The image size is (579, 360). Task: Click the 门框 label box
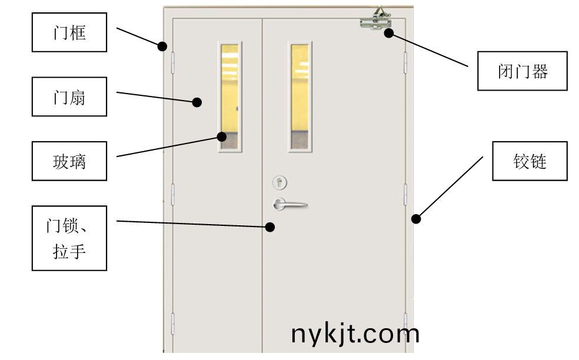click(x=69, y=32)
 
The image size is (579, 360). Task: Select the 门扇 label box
click(x=69, y=96)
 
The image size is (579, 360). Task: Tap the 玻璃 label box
click(x=69, y=161)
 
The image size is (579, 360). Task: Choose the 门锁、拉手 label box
click(x=69, y=238)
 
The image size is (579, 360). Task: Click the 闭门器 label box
click(x=522, y=71)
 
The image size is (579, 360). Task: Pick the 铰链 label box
click(x=530, y=161)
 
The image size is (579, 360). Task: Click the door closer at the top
click(x=376, y=19)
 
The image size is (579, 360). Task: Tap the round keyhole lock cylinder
click(x=279, y=182)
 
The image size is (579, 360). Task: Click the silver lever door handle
click(x=289, y=204)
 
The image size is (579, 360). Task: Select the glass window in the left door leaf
click(x=229, y=96)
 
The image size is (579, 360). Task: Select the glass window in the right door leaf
click(x=300, y=96)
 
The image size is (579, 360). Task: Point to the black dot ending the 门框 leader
click(x=162, y=46)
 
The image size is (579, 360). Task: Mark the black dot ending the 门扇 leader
click(x=197, y=102)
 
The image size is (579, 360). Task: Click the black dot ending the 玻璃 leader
click(x=222, y=136)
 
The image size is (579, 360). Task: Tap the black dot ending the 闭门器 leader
click(x=388, y=33)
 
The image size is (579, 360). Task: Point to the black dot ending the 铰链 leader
click(x=416, y=219)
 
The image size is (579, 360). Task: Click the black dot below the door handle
click(x=270, y=227)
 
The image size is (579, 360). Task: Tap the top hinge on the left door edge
click(x=172, y=63)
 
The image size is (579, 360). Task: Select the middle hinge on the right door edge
click(x=405, y=194)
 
